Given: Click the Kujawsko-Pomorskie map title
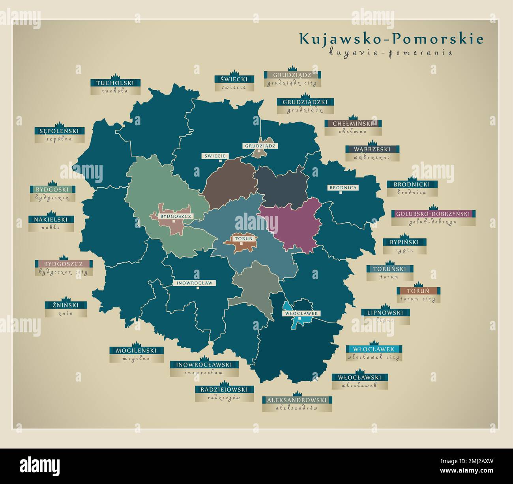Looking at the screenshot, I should (x=391, y=39).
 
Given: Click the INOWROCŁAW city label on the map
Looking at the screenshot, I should (x=195, y=283).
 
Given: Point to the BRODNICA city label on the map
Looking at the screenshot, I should (x=343, y=188).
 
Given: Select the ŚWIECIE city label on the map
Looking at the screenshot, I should (x=215, y=156).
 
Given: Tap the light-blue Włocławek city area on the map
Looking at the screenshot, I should (x=299, y=321).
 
